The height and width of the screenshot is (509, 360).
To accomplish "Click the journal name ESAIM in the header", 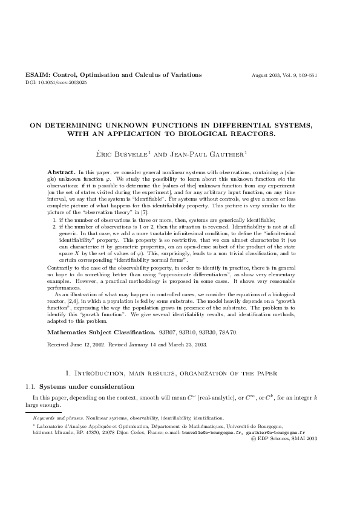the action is [36, 75].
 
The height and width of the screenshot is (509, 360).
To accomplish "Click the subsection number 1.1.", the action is [30, 386].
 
